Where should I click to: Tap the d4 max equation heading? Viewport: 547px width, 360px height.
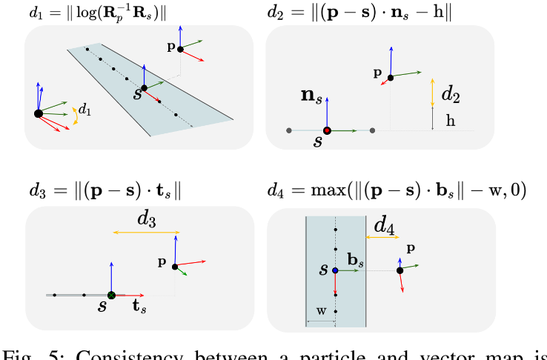397,190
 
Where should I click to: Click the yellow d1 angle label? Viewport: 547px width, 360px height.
85,109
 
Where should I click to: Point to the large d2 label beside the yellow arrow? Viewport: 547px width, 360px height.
451,94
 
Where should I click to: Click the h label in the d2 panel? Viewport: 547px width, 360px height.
450,121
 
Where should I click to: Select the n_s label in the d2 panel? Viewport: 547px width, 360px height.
310,95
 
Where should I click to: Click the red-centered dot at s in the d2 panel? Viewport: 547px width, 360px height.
326,130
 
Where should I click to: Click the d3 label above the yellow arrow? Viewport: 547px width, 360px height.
147,220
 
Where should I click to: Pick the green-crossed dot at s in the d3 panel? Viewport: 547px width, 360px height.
111,295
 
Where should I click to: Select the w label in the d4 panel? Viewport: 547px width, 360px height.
321,312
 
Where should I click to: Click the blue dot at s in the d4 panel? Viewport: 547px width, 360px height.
336,271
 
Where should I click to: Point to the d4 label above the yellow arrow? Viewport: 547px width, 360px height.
384,223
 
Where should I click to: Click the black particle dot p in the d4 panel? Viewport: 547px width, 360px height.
400,270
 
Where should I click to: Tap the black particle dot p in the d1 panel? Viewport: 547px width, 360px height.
180,49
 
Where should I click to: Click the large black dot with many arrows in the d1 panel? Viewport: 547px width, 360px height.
39,113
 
